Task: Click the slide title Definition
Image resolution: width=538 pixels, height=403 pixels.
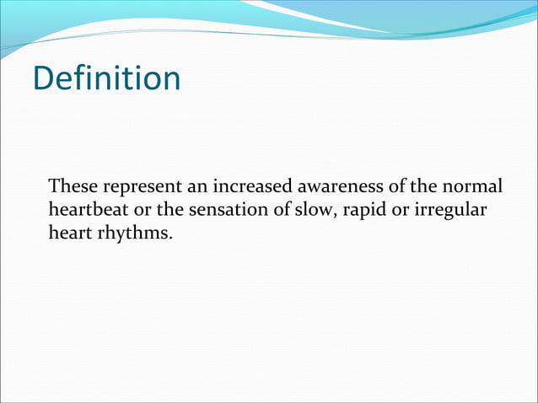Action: pos(106,78)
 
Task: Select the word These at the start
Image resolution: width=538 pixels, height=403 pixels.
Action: pos(70,185)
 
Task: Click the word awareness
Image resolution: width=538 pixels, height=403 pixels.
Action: pos(331,185)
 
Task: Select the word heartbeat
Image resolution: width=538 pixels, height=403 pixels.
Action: pos(86,208)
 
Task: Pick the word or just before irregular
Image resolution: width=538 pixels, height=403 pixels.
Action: pos(402,209)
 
